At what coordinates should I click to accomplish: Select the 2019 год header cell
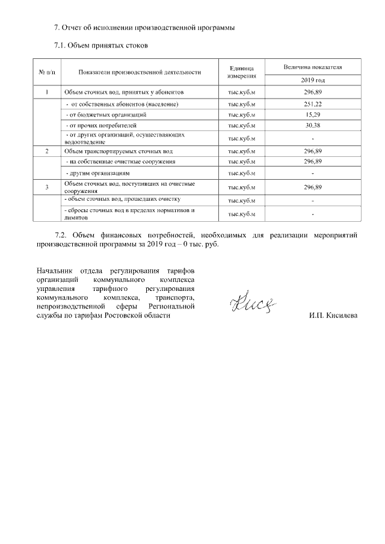[313, 80]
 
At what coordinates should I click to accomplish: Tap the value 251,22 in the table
[313, 104]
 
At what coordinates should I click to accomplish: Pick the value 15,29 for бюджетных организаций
[313, 114]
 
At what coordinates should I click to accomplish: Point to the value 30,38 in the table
[313, 125]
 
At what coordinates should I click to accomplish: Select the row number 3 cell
[47, 187]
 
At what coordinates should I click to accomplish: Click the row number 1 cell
[47, 93]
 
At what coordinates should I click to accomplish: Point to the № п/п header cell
[47, 72]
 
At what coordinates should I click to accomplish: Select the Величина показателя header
[313, 67]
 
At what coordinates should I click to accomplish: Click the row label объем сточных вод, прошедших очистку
[122, 199]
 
